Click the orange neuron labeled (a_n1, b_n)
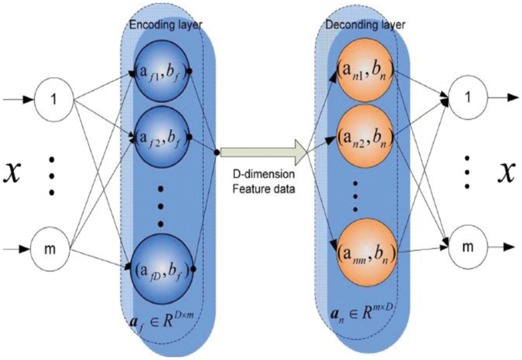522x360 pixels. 364,71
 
